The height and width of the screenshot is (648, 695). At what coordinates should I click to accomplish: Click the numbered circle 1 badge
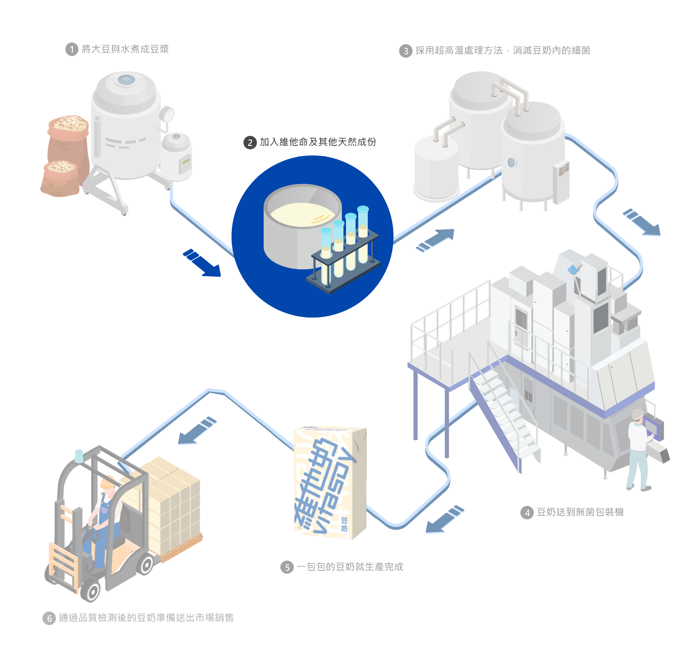pos(72,50)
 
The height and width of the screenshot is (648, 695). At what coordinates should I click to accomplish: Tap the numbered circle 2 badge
pos(250,143)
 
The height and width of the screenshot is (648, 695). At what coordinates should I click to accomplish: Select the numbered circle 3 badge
pos(406,51)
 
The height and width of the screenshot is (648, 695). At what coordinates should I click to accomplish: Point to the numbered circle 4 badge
pos(527,513)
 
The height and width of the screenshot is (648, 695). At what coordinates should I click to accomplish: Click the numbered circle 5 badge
pos(287,567)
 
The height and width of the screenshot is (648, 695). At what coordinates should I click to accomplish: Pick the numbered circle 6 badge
pos(49,618)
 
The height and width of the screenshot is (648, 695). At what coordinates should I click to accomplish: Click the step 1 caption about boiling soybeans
pos(125,49)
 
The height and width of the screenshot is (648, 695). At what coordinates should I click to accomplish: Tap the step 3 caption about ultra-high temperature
pos(502,51)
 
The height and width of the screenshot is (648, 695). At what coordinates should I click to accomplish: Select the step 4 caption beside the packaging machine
pos(580,512)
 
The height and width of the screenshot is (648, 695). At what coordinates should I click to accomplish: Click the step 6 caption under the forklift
pos(146,618)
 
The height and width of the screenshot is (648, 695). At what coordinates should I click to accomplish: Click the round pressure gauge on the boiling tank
pos(168,114)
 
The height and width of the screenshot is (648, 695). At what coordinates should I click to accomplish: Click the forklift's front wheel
pos(92,590)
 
